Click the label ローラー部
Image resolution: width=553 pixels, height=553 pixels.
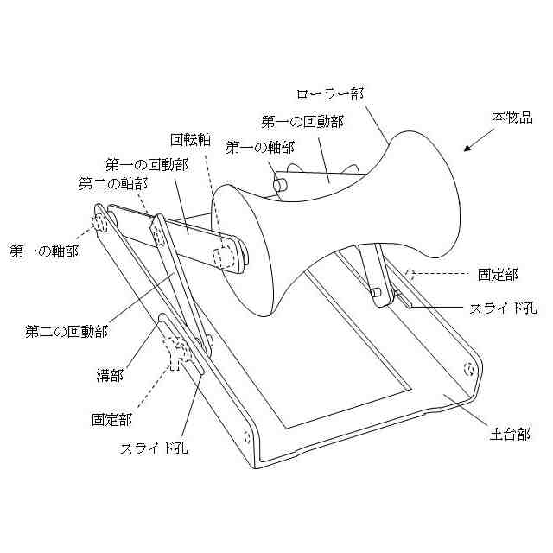329,93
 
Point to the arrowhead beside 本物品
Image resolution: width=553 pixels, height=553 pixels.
467,149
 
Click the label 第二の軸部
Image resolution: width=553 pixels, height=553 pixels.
112,183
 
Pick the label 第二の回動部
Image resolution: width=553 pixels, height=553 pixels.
66,331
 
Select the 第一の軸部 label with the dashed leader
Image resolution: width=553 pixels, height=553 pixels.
43,251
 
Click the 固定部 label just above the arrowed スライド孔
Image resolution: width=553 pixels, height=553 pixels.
499,275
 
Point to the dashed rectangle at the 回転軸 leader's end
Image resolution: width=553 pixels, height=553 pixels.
227,257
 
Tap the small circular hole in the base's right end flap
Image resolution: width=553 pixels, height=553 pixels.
468,370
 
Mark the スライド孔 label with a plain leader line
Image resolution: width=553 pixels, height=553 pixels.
154,448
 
